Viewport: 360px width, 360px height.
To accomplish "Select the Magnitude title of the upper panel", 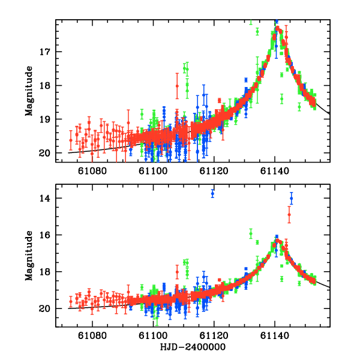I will [x=29, y=91].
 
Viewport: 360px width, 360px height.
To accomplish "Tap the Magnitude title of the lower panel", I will [x=29, y=257].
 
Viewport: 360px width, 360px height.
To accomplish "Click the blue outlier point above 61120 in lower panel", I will [x=212, y=193].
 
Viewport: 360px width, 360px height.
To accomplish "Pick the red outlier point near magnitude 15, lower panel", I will [x=289, y=214].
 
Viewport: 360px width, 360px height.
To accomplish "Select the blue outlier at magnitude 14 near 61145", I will [x=292, y=197].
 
